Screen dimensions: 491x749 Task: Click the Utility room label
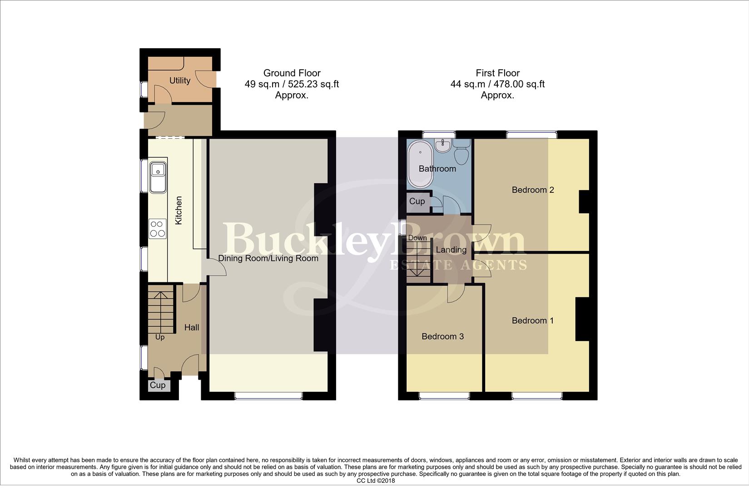click(179, 80)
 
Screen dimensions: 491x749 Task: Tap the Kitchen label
click(179, 210)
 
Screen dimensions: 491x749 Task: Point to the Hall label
click(192, 327)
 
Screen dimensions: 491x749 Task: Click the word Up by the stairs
click(160, 337)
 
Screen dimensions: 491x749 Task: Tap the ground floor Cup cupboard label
click(158, 385)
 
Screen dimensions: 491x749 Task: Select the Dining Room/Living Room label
click(268, 258)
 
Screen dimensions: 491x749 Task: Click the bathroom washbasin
click(441, 145)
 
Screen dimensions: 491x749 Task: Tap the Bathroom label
click(437, 169)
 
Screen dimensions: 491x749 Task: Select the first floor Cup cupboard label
click(417, 201)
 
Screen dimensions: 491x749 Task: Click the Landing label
click(451, 250)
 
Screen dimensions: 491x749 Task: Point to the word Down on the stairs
click(417, 238)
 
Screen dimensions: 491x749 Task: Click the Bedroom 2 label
click(532, 190)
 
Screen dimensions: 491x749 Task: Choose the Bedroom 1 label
click(532, 321)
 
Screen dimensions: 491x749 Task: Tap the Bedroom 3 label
click(442, 336)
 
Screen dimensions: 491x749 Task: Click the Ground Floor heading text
click(292, 73)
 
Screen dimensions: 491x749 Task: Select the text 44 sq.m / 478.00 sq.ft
click(497, 84)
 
